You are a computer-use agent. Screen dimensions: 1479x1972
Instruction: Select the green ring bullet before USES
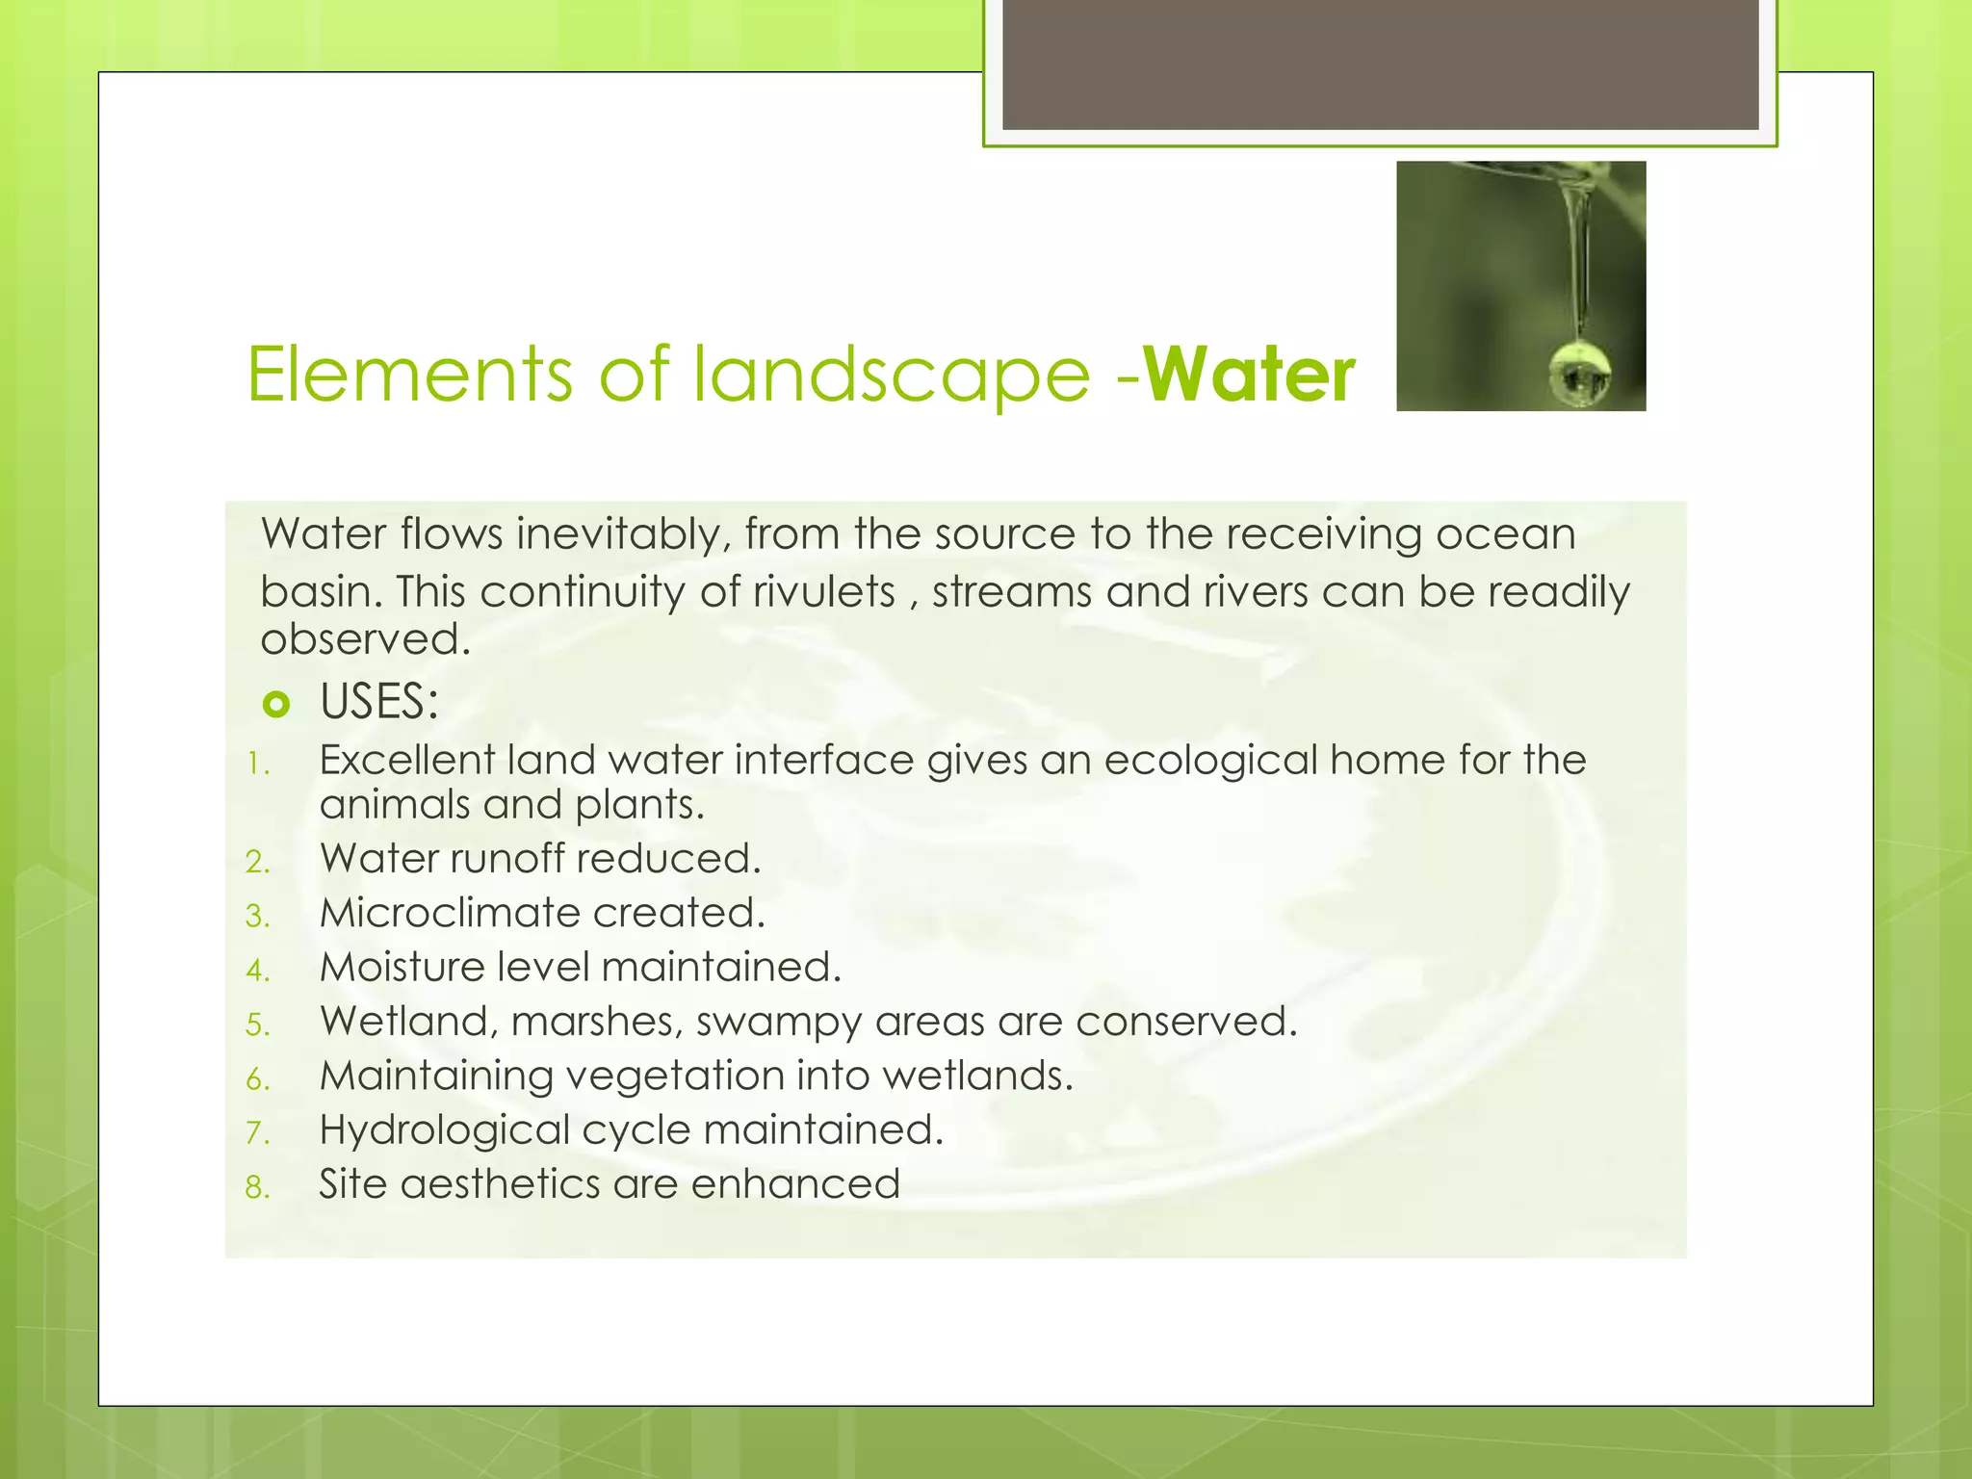point(275,705)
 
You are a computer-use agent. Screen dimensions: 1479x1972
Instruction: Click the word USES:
point(379,701)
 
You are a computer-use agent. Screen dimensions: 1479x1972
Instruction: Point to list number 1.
point(256,765)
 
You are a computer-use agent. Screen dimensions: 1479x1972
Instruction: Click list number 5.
point(257,1025)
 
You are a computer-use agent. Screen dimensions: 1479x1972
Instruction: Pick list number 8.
point(257,1187)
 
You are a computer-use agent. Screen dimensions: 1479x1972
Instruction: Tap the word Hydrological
point(445,1130)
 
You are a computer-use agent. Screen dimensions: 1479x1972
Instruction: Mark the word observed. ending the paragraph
point(365,639)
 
